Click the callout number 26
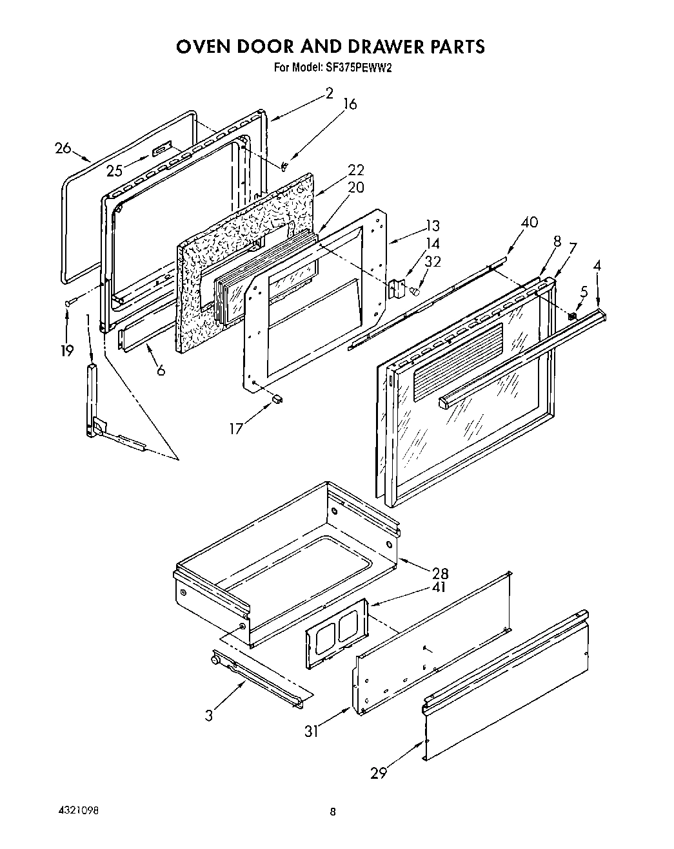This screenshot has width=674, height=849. point(63,148)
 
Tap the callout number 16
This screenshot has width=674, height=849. point(349,104)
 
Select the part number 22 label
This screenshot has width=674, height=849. point(355,170)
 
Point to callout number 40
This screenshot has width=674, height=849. point(529,222)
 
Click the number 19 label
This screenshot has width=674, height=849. point(66,350)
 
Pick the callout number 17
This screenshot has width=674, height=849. point(237,427)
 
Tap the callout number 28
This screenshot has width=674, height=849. point(441,573)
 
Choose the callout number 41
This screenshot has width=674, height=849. point(438,587)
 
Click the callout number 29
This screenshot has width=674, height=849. point(379,772)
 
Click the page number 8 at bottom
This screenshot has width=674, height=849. point(333,812)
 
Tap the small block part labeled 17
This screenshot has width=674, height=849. point(278,399)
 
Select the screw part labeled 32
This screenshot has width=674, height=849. point(416,292)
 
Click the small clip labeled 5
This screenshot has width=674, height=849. point(571,315)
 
